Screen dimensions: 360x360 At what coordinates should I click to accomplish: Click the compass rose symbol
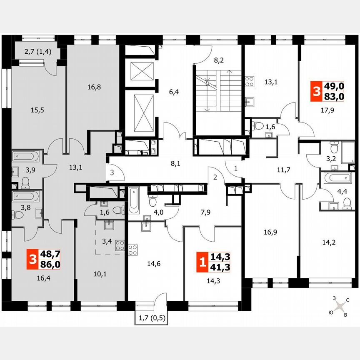click(x=340, y=306)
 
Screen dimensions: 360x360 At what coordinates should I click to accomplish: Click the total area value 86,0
click(x=50, y=264)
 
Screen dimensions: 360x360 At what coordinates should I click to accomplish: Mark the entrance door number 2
click(x=215, y=177)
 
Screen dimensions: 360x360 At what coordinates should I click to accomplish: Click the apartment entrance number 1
click(x=235, y=169)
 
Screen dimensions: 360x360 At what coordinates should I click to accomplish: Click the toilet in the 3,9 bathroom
click(x=25, y=182)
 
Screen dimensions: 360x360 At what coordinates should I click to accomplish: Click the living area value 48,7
click(x=50, y=255)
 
